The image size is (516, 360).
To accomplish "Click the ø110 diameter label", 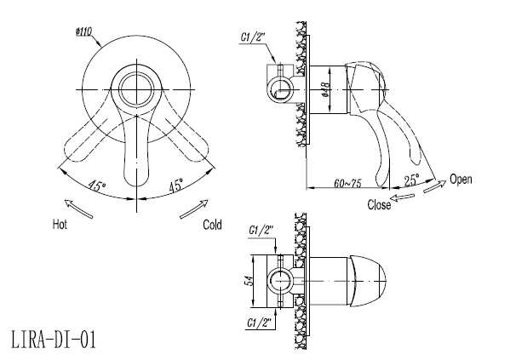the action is tap(83, 32).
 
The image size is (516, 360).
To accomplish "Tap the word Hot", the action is tap(60, 225).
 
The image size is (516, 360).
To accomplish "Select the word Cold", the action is tap(212, 225).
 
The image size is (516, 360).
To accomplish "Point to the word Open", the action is tap(461, 180).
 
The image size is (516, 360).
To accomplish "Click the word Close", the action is tap(379, 204).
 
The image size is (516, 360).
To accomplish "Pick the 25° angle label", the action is tap(411, 180).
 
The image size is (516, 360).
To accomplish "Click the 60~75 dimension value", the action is tap(347, 183).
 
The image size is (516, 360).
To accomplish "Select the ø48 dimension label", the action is tap(326, 89).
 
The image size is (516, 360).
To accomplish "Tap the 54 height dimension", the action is tap(250, 281).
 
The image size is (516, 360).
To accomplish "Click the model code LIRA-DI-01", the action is tap(54, 340).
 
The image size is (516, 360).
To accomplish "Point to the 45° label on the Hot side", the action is tap(96, 186).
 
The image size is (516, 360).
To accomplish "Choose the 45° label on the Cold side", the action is tap(176, 186).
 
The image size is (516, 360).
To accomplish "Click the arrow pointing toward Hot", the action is tap(78, 209).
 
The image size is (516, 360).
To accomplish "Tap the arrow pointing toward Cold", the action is tap(194, 209).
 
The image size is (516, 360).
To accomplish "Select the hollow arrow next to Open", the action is tap(434, 186).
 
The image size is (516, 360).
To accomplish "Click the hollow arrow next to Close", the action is tap(402, 197).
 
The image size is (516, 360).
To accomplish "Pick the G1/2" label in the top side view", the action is tap(252, 37).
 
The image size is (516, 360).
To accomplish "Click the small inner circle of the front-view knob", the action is tap(136, 89).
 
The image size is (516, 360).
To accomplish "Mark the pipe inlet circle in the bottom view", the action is tap(280, 282).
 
